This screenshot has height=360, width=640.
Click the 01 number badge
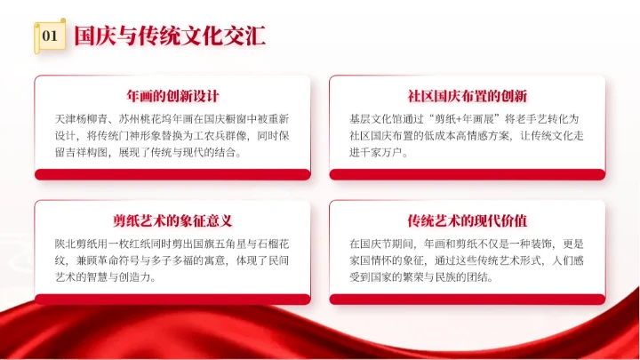[50, 36]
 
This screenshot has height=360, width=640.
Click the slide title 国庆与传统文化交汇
[170, 36]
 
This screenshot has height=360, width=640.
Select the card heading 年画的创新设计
[173, 96]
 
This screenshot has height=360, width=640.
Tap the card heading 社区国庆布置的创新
[468, 96]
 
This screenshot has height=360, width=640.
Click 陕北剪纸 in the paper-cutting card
[77, 242]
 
